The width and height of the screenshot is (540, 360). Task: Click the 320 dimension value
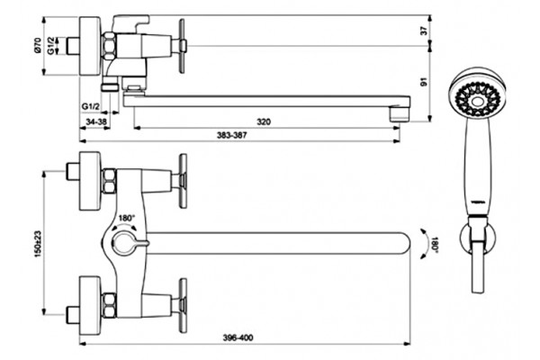(264, 121)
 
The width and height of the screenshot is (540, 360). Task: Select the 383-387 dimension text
(232, 135)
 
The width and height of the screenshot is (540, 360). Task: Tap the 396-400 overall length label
(238, 337)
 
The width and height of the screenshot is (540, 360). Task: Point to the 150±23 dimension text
(38, 244)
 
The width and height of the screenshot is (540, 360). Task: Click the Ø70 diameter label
(38, 45)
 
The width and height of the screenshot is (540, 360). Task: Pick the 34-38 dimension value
(96, 121)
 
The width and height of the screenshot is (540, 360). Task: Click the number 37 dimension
(424, 31)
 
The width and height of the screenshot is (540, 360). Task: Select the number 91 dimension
(424, 82)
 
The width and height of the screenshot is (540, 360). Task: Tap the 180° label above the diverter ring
(127, 218)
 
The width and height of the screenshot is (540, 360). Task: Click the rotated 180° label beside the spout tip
(435, 244)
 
